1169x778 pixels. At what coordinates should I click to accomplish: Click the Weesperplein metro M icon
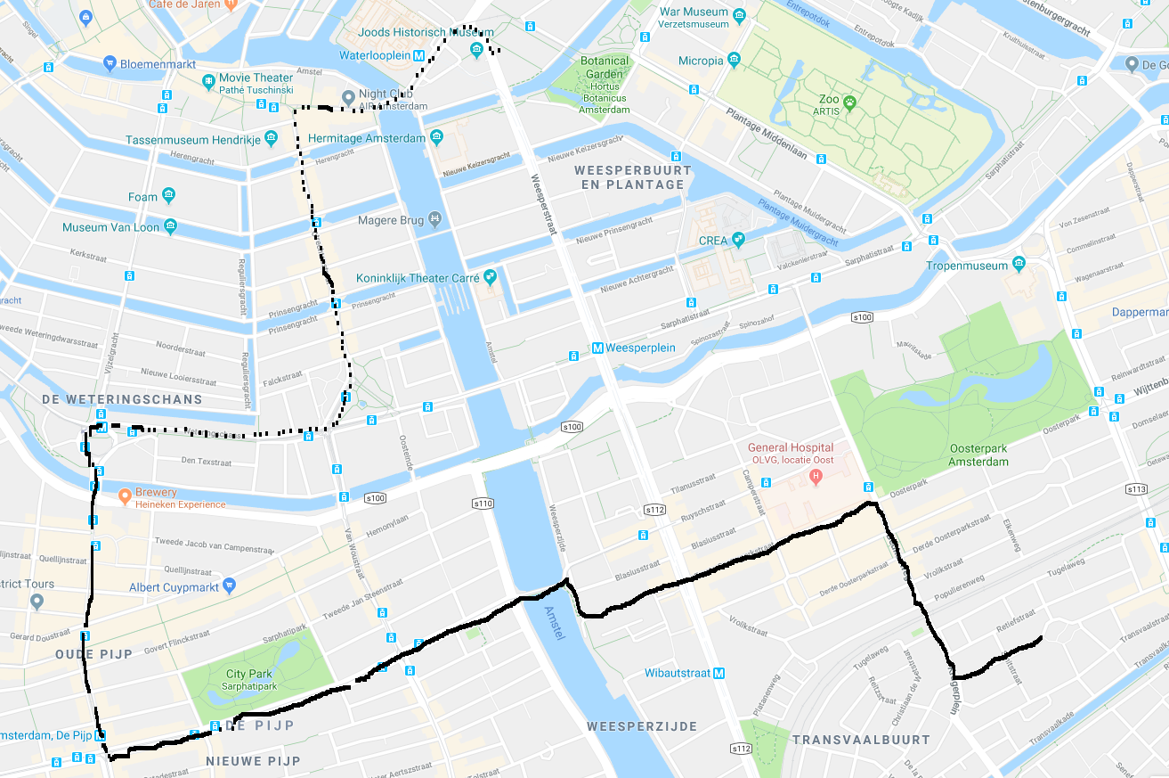coord(598,348)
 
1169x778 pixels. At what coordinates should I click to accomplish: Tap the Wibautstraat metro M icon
coord(718,673)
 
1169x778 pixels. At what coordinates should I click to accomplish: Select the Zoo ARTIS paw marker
coord(849,102)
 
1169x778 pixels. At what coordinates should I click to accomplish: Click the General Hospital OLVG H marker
coord(815,476)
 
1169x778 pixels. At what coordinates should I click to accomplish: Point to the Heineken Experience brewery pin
coord(126,493)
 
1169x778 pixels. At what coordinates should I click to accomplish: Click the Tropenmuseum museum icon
coord(1019,265)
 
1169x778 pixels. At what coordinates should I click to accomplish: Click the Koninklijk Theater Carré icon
coord(490,276)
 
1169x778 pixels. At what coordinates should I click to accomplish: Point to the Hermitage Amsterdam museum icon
coord(436,137)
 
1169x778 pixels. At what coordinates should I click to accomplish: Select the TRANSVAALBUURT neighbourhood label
coord(860,740)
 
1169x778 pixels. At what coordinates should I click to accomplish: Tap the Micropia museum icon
coord(734,60)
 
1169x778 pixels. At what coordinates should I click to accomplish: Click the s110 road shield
coord(483,504)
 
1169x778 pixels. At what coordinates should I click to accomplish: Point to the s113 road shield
coord(1136,488)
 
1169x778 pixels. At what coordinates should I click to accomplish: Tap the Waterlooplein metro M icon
coord(418,55)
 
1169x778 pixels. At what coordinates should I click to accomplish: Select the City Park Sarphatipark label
coord(248,680)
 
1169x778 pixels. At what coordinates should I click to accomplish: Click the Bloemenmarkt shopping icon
coord(110,63)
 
